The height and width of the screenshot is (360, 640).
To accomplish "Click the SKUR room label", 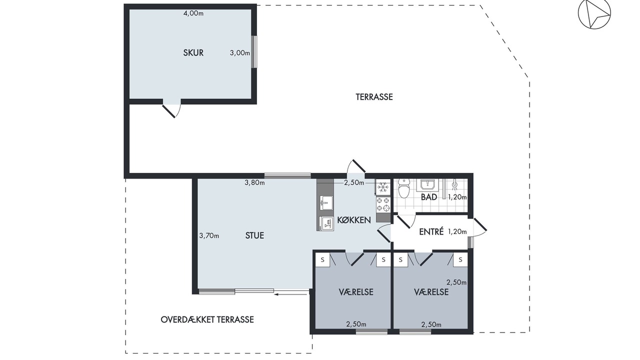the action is [193, 53].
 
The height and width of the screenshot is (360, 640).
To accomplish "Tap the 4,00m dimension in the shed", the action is [193, 13].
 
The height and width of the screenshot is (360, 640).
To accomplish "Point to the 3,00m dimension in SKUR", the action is [240, 53].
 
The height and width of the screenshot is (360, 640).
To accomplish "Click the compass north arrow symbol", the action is [594, 13].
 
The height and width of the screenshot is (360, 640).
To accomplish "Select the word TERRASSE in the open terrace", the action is [374, 97].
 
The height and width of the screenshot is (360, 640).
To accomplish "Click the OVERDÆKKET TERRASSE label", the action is [207, 319].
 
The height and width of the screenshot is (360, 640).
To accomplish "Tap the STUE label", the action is [254, 235].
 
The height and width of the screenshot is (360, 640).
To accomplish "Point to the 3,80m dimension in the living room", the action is [254, 182].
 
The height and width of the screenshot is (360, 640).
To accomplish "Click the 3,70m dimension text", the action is [209, 235].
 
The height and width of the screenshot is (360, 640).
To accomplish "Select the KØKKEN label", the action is [354, 220].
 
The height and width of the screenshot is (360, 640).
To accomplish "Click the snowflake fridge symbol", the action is [383, 187].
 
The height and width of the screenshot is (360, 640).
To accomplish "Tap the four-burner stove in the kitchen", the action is [383, 204].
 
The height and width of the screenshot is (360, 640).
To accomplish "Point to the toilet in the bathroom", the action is [404, 188].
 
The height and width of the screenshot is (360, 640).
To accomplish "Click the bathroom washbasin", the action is [427, 185].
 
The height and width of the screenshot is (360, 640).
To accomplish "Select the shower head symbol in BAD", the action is [454, 184].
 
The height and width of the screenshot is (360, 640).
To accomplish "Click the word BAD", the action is [429, 197].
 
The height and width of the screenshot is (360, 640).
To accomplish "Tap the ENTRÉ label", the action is [431, 231].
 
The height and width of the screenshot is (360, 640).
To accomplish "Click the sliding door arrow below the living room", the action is [291, 293].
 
